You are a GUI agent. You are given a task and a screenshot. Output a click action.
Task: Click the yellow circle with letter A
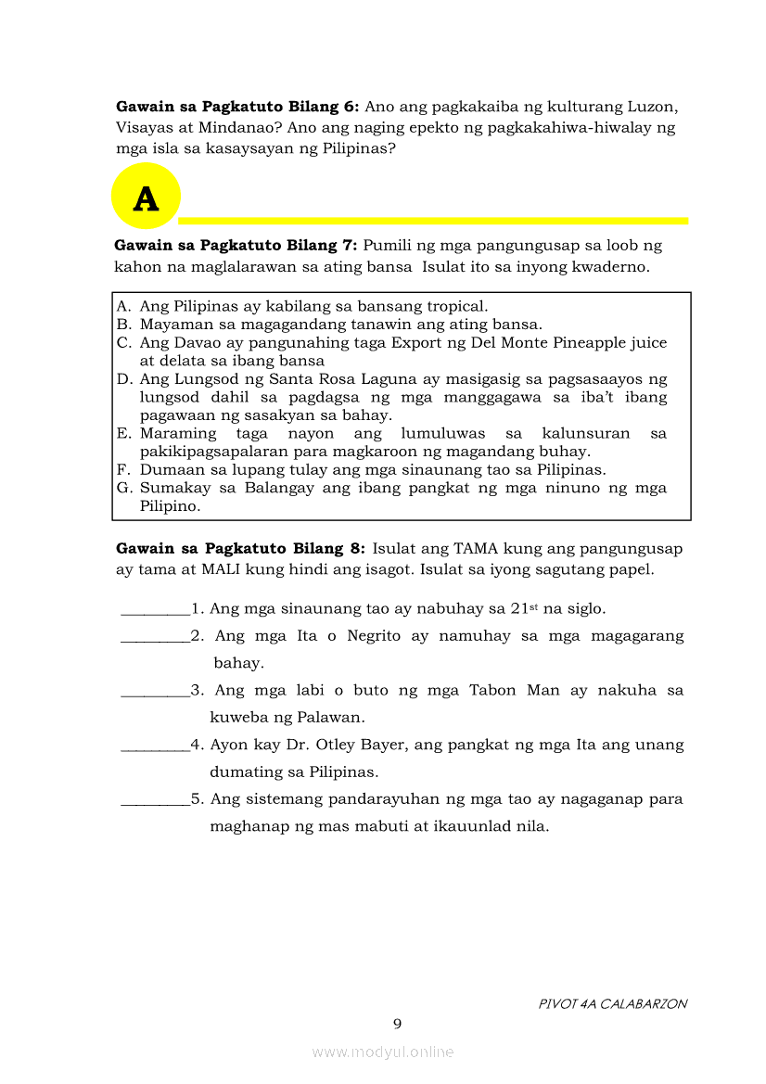click(146, 197)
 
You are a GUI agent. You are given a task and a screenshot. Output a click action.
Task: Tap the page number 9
click(397, 1024)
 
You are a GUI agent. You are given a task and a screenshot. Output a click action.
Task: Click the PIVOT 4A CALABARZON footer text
click(612, 1003)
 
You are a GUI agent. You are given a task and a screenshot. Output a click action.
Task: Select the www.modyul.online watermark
click(383, 1052)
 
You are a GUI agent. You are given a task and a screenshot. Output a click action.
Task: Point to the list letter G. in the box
click(124, 488)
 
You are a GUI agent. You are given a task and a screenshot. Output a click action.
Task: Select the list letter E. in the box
click(124, 433)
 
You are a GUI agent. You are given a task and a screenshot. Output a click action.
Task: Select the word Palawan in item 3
click(330, 717)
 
